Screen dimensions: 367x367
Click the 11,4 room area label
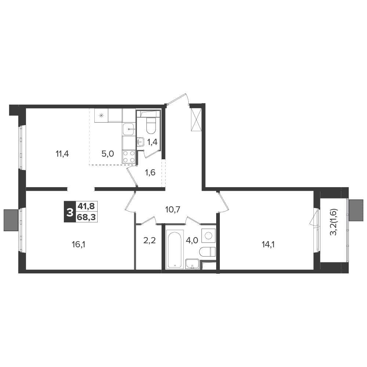click(x=62, y=154)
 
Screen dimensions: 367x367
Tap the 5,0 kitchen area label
click(x=108, y=154)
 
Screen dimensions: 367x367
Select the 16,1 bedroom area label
click(x=79, y=244)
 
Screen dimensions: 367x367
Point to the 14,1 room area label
click(x=268, y=244)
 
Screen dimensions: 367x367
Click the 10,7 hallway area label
click(x=172, y=210)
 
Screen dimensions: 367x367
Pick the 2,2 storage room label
click(x=149, y=240)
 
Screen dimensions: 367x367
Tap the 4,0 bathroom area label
click(x=192, y=240)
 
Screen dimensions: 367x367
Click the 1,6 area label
click(x=150, y=172)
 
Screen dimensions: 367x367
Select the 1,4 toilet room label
click(x=152, y=142)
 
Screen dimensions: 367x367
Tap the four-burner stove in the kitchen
click(x=129, y=157)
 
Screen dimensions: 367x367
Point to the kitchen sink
click(x=129, y=129)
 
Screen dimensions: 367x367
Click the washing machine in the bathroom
click(x=208, y=235)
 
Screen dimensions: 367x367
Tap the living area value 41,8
click(x=86, y=206)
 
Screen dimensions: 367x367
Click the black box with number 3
click(x=69, y=212)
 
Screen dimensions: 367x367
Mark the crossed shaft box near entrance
click(x=196, y=120)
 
